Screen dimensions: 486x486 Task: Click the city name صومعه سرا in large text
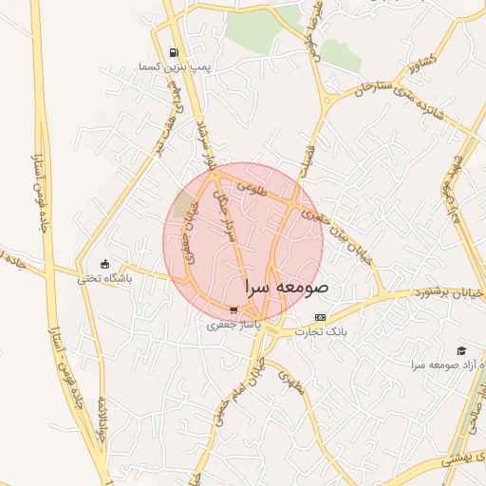click(286, 286)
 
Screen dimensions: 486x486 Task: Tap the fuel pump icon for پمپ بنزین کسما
click(173, 53)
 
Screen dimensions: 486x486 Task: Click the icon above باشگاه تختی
click(104, 264)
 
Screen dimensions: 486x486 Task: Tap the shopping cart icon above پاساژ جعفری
click(234, 309)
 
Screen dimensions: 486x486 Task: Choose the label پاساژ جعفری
click(234, 324)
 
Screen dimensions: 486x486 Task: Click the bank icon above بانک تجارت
click(320, 317)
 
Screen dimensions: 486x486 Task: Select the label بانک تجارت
click(321, 331)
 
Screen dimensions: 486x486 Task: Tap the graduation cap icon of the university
click(461, 350)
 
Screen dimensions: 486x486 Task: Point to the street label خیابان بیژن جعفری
click(337, 233)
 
